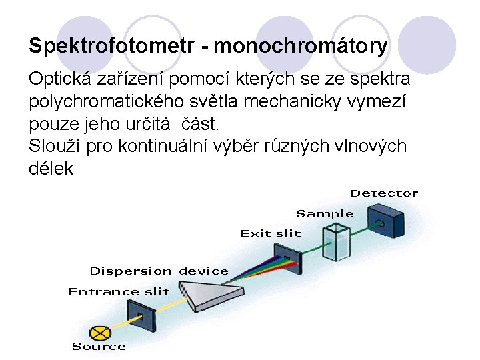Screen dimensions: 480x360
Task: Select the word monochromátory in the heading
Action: click(300, 46)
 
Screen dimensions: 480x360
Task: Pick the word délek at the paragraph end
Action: click(51, 169)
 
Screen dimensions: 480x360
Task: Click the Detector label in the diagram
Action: click(383, 193)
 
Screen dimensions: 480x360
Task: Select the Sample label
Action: click(324, 213)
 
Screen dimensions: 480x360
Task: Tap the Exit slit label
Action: click(270, 233)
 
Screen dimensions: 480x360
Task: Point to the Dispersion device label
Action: click(159, 271)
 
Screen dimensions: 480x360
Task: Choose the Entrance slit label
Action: click(119, 291)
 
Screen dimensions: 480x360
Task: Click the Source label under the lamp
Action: click(99, 346)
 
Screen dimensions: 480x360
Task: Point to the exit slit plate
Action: click(287, 255)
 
